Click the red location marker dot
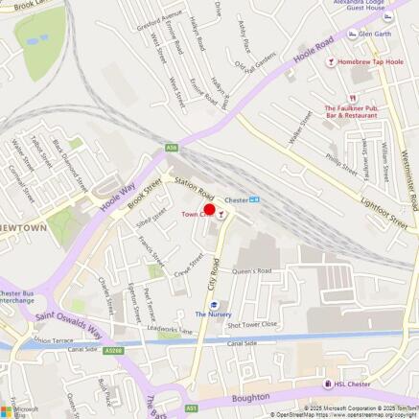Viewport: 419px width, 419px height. point(210,210)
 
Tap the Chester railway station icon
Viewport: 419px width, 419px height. point(253,200)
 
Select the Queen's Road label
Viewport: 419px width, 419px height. point(253,270)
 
